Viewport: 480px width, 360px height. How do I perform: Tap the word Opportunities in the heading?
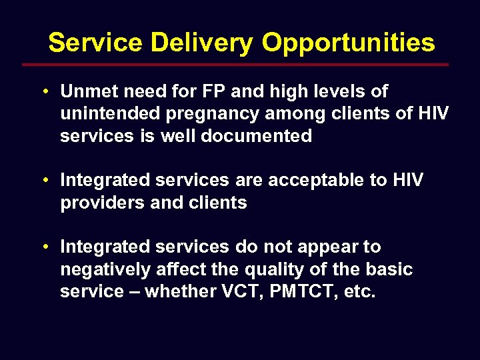pos(348,43)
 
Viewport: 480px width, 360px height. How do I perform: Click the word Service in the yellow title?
pos(95,43)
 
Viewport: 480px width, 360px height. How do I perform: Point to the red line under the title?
pos(235,65)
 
